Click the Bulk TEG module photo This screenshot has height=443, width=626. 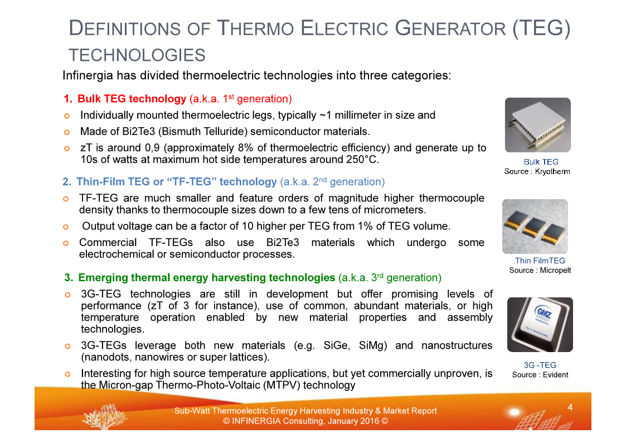(x=538, y=124)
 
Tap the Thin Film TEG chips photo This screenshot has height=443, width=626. (x=535, y=227)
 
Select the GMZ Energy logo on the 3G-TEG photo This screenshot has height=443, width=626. (x=543, y=312)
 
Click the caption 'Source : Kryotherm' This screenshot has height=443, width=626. (x=537, y=171)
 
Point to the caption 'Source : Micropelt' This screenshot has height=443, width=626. (x=540, y=271)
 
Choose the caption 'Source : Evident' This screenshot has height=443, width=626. (x=540, y=375)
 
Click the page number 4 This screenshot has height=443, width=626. (x=570, y=407)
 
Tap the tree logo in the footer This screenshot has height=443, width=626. (x=105, y=416)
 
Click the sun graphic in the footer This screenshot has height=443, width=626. (x=514, y=412)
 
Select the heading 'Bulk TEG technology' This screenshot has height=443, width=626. (x=132, y=99)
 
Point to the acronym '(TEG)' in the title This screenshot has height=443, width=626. (x=542, y=28)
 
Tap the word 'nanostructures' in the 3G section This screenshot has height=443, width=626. (x=457, y=345)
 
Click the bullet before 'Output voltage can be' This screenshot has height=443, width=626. (x=66, y=227)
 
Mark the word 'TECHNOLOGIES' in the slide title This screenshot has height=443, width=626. (x=137, y=55)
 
